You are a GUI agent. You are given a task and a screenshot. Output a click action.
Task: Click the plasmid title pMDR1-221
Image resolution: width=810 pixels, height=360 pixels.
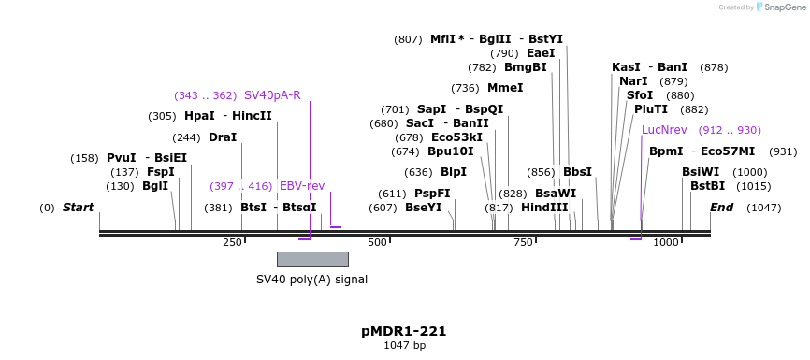pos(404,331)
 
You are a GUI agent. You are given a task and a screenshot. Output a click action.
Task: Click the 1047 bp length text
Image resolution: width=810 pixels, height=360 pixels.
pos(404,346)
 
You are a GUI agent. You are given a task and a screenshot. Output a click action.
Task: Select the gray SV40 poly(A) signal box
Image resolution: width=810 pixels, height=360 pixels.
pos(312,259)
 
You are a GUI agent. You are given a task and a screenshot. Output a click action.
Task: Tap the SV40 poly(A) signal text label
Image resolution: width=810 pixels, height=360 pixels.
pos(311,279)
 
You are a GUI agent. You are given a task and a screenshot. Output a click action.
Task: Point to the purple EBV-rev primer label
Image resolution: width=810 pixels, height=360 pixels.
pos(302,186)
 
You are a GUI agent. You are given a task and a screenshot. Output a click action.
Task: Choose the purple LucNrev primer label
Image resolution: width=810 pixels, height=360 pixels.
pos(664,130)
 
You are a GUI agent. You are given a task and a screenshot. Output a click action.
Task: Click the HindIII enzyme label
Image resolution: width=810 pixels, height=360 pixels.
pos(544,208)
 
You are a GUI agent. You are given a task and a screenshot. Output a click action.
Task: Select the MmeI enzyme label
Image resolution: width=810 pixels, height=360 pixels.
pos(505,88)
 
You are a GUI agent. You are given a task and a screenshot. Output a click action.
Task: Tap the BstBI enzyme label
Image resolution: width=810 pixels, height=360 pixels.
pos(707,186)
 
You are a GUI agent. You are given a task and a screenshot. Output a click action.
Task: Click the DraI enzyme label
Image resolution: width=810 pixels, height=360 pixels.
pos(223,137)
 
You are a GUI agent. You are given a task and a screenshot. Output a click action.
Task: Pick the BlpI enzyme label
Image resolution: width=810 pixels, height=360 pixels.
pos(454,172)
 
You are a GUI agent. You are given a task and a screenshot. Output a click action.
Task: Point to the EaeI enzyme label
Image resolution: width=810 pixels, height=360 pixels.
pos(541,53)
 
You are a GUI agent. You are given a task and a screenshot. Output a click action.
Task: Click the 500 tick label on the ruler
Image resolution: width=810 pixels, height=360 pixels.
pos(377,242)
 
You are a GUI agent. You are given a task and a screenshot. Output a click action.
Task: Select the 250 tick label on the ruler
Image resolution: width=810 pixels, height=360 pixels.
pos(232,242)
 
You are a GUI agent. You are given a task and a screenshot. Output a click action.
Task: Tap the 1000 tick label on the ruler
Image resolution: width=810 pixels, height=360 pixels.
pos(666,242)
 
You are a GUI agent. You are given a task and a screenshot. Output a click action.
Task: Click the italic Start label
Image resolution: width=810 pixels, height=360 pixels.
pos(79,208)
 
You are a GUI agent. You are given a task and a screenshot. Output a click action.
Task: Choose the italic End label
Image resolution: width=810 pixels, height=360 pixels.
pos(721,208)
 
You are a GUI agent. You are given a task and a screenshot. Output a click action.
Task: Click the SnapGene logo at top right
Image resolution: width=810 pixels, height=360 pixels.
pos(781,7)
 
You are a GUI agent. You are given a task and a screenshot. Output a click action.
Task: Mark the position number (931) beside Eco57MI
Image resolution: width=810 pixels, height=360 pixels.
pos(783,151)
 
